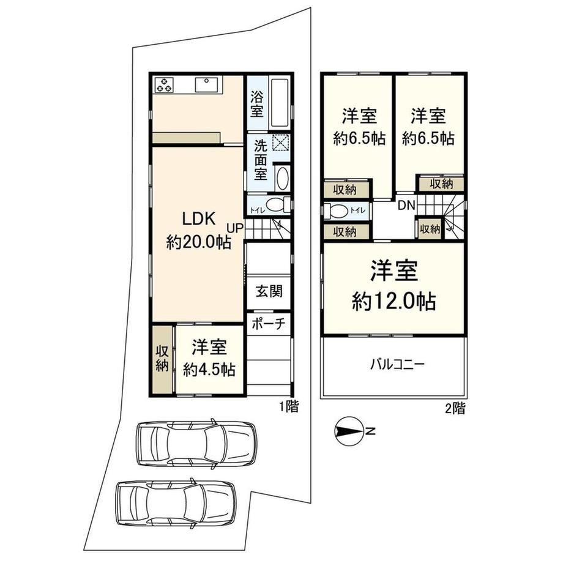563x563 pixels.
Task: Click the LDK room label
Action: click(199, 218)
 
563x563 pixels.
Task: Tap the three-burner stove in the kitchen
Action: click(164, 84)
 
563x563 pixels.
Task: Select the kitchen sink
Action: click(206, 84)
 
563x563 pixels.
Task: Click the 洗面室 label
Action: click(261, 160)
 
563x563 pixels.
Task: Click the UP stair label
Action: click(235, 228)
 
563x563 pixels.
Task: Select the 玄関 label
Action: click(269, 291)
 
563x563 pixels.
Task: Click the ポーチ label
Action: click(269, 324)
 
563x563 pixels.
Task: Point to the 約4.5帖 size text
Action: click(209, 369)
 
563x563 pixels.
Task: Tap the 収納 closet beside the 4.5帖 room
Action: click(162, 359)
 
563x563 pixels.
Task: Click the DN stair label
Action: click(406, 206)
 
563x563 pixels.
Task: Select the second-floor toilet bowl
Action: click(336, 211)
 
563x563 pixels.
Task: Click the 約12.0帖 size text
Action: click(394, 301)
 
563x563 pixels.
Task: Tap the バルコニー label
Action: click(398, 365)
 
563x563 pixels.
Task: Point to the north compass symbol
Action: click(348, 431)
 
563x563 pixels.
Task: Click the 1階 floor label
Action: click(289, 407)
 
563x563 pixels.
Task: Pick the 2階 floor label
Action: click(455, 409)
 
